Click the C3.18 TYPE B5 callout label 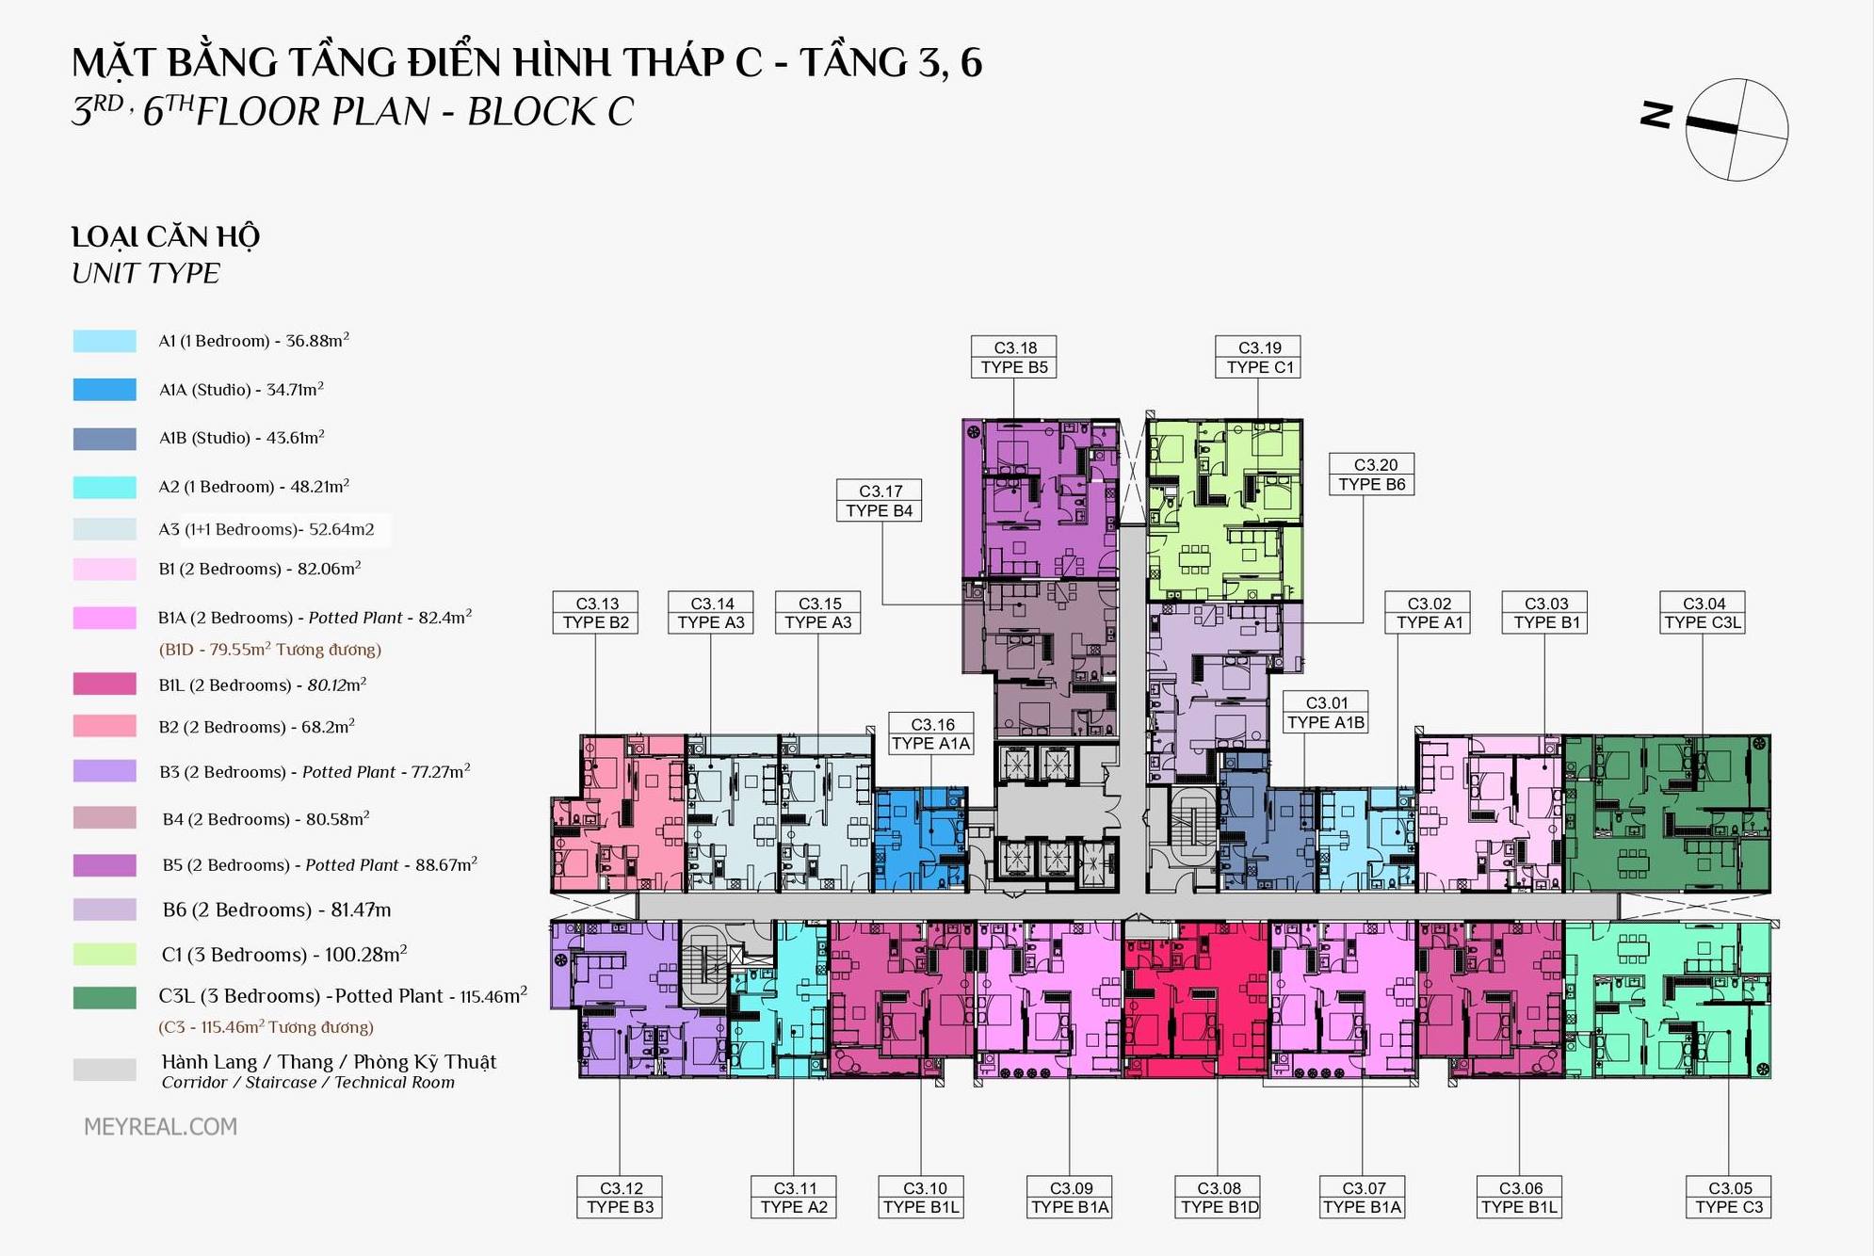point(1013,358)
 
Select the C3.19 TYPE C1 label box point(1258,358)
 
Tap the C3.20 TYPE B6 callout point(1372,475)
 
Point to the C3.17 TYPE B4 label point(880,501)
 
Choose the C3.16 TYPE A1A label point(931,734)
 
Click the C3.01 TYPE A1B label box point(1326,713)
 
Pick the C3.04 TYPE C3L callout point(1703,613)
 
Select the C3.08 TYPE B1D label point(1219,1198)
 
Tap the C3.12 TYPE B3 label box point(620,1198)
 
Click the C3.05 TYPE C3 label point(1729,1198)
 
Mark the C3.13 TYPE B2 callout point(595,613)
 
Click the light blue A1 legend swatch point(105,341)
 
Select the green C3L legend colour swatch point(105,998)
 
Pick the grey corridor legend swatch point(105,1070)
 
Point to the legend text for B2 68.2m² point(257,726)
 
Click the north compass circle point(1737,130)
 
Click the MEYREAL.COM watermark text point(160,1127)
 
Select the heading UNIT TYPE point(146,274)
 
